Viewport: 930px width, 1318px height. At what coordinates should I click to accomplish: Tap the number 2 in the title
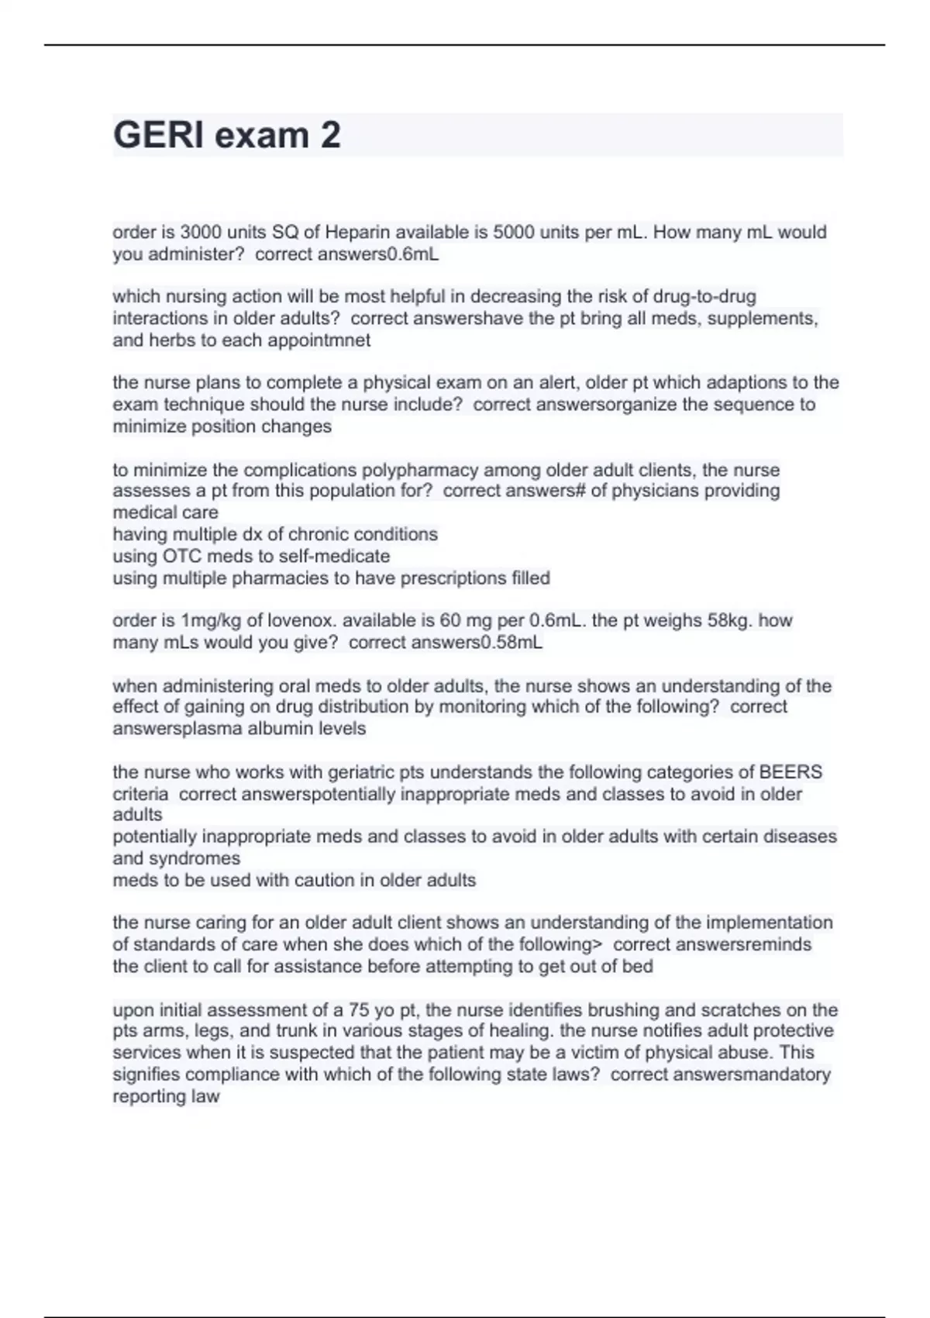coord(330,135)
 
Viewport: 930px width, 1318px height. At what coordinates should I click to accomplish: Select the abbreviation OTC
coord(182,556)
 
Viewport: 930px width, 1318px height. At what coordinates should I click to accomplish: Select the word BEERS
coord(790,772)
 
